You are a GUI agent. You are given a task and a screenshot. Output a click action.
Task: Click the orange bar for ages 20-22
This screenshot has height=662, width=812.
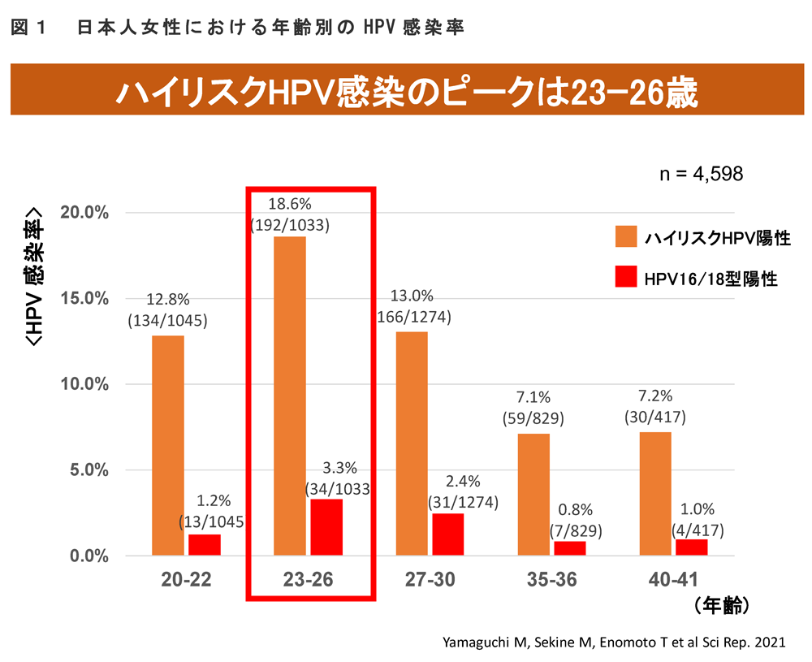click(x=167, y=445)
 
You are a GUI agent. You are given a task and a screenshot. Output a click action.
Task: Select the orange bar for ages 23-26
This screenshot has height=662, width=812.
click(x=290, y=396)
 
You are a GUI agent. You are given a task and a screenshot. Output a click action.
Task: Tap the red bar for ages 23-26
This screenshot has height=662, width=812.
click(x=326, y=527)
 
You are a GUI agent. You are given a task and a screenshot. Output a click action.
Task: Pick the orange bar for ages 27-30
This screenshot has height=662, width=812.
click(x=412, y=443)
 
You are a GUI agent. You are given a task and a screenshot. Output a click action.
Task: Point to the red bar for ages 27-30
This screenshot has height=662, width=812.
click(x=448, y=534)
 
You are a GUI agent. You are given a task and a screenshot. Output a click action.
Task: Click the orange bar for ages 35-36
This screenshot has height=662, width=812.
click(x=533, y=495)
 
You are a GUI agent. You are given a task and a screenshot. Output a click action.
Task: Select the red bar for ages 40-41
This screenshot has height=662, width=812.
click(x=692, y=547)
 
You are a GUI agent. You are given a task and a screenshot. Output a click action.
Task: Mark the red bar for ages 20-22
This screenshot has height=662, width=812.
click(x=205, y=544)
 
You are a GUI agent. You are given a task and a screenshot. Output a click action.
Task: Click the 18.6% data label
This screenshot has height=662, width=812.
click(x=291, y=201)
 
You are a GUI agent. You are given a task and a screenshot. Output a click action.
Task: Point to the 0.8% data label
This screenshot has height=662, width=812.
click(x=570, y=510)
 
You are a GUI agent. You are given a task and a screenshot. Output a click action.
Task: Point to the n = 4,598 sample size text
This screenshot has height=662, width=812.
click(x=703, y=175)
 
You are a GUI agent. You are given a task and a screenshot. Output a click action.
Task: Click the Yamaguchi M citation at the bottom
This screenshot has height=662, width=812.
click(x=615, y=642)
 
